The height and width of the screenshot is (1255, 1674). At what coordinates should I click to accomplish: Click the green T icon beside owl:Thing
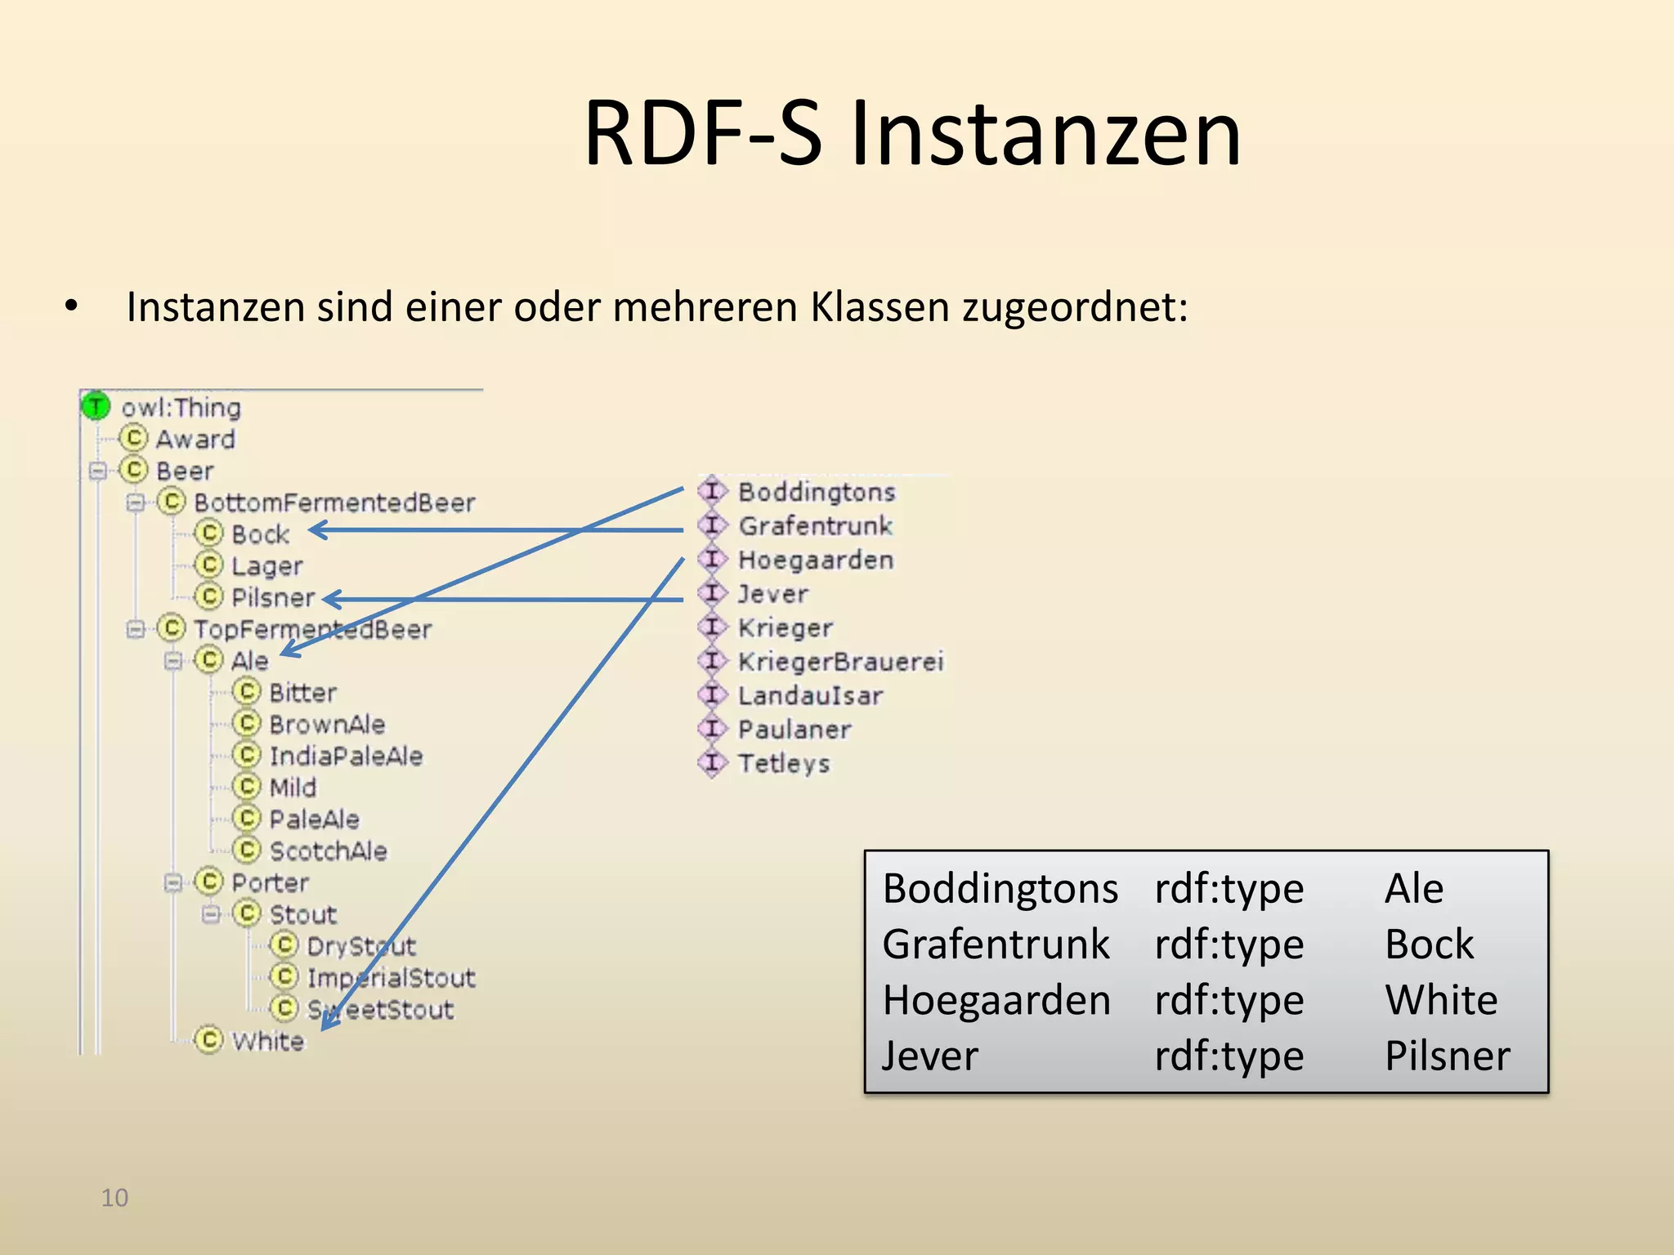96,406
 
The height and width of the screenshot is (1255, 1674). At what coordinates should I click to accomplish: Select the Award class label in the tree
195,440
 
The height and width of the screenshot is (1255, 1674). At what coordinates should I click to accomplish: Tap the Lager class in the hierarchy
266,565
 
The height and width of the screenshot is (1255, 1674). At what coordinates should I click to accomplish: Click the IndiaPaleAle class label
346,756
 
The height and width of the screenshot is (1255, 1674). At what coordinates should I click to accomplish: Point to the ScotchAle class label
328,851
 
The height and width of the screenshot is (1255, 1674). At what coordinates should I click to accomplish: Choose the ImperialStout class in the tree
391,977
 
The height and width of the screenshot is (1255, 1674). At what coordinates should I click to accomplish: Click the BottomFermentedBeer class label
334,502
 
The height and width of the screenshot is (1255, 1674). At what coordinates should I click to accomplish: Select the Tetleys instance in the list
783,763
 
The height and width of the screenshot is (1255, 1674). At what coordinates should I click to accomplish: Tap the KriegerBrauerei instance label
840,661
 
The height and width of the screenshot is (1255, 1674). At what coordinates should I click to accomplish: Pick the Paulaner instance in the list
794,729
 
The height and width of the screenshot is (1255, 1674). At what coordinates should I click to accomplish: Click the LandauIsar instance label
810,695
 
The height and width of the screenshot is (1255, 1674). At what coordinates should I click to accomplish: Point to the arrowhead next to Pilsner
330,599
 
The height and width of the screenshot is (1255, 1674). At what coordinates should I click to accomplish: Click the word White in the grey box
1441,999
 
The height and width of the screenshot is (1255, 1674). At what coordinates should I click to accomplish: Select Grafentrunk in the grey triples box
996,944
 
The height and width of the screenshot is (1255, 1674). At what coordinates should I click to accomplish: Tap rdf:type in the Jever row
1229,1056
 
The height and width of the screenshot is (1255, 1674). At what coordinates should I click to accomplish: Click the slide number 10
114,1198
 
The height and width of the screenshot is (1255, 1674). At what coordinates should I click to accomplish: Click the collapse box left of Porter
172,882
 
